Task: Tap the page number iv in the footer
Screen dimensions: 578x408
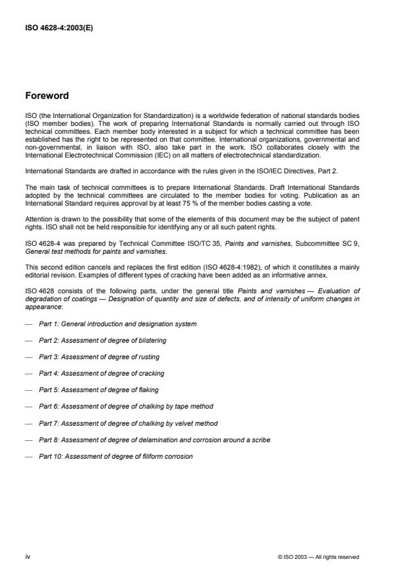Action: pos(28,557)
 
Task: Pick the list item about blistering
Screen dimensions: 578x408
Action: pos(102,340)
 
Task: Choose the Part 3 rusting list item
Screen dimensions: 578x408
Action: pos(99,357)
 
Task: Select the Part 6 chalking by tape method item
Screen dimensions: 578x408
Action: pos(126,406)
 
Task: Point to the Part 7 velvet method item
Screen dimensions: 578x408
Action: pos(128,422)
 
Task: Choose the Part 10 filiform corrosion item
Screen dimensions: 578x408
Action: pos(115,455)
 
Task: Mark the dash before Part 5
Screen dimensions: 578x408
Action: pos(28,390)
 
